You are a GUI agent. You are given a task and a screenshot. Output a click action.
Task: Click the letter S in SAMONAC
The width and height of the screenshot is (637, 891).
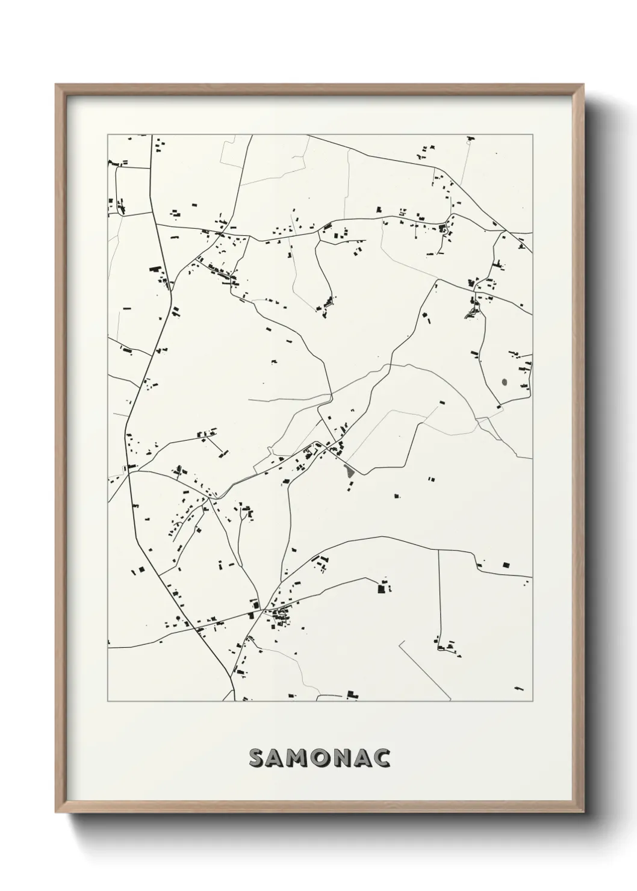click(x=256, y=759)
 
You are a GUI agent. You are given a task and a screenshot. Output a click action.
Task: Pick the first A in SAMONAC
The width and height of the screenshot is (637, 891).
click(x=278, y=759)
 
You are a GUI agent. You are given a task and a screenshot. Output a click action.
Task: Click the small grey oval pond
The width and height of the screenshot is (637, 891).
click(x=504, y=381)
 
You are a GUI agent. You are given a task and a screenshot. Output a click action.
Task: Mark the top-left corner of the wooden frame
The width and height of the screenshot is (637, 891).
click(x=56, y=85)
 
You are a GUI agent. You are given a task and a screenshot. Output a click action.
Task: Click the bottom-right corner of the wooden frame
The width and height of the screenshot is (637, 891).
click(x=583, y=810)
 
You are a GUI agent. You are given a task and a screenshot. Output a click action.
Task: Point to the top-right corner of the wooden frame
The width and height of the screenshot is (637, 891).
click(x=583, y=85)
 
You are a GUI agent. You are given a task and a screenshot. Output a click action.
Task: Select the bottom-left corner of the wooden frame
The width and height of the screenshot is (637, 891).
click(x=56, y=810)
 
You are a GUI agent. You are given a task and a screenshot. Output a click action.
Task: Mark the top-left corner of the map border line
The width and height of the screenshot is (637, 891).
click(x=108, y=135)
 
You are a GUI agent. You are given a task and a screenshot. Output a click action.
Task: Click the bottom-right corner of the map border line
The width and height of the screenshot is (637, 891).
click(x=533, y=701)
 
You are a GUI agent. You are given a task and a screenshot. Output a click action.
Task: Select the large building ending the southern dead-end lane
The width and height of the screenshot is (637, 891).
click(x=381, y=588)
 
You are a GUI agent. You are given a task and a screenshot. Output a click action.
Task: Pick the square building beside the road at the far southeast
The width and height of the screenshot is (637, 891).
click(x=505, y=565)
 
